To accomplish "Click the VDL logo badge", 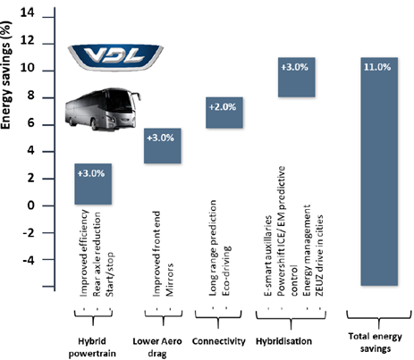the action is pyautogui.click(x=115, y=57).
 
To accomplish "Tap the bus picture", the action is pyautogui.click(x=103, y=109).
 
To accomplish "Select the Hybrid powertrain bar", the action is pyautogui.click(x=93, y=184).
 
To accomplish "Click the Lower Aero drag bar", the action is pyautogui.click(x=163, y=146).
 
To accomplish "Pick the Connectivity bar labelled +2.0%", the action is pyautogui.click(x=224, y=113).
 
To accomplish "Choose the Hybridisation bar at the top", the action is pyautogui.click(x=297, y=77).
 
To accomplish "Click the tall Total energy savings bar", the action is pyautogui.click(x=379, y=172).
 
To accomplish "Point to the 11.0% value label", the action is pyautogui.click(x=377, y=67).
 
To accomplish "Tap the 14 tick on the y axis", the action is pyautogui.click(x=27, y=13).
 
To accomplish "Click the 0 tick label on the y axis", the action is pyautogui.click(x=30, y=205).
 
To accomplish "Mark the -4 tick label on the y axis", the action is pyautogui.click(x=29, y=260).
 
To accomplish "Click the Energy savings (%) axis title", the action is pyautogui.click(x=6, y=75).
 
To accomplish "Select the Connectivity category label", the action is pyautogui.click(x=219, y=341).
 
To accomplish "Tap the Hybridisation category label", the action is pyautogui.click(x=283, y=341).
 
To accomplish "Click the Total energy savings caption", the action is pyautogui.click(x=376, y=342).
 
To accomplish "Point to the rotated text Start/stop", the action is pyautogui.click(x=109, y=274).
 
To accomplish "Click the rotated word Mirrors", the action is pyautogui.click(x=169, y=280).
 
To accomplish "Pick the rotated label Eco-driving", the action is pyautogui.click(x=226, y=271).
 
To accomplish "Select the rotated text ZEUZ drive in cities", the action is pyautogui.click(x=319, y=255).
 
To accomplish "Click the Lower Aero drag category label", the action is pyautogui.click(x=157, y=347).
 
